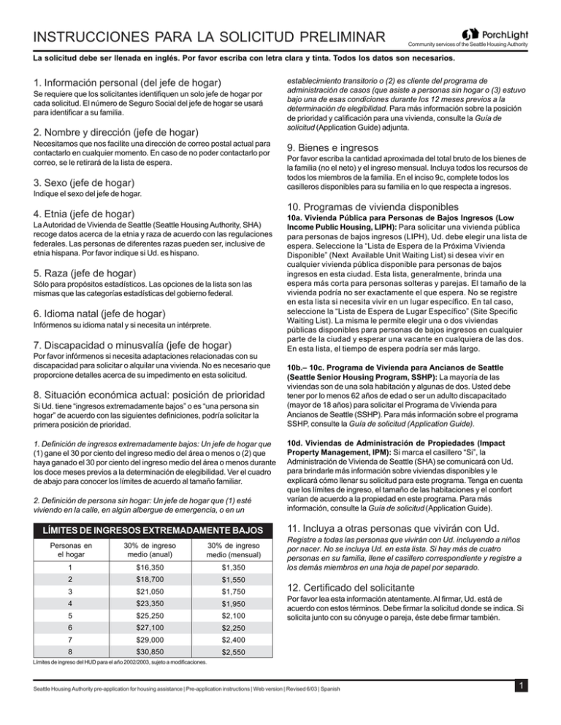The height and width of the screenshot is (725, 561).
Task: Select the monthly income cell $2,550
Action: tap(231, 649)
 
